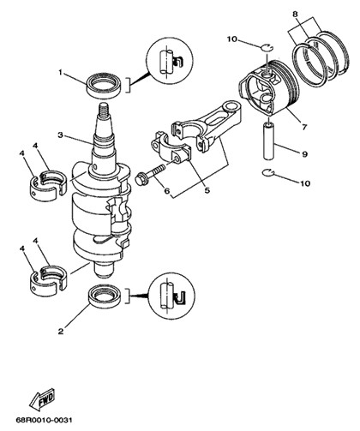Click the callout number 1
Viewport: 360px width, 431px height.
(60, 73)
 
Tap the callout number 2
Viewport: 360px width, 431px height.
(61, 332)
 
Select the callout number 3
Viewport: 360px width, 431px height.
(60, 135)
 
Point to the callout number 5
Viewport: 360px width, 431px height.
(207, 189)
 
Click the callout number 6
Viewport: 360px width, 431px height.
(166, 189)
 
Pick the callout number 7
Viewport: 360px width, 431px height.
(304, 126)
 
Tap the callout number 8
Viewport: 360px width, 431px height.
(296, 13)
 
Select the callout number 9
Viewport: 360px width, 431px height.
(304, 154)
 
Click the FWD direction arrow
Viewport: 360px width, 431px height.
(42, 398)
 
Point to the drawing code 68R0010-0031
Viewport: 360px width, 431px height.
(44, 421)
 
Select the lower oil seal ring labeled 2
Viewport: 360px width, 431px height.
(105, 297)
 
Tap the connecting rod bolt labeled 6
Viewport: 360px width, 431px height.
(151, 175)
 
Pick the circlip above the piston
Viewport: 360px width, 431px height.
(267, 47)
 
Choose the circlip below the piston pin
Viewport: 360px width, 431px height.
(268, 172)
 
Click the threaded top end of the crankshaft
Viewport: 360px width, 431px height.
(105, 109)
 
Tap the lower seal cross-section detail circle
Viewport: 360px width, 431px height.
(171, 296)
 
